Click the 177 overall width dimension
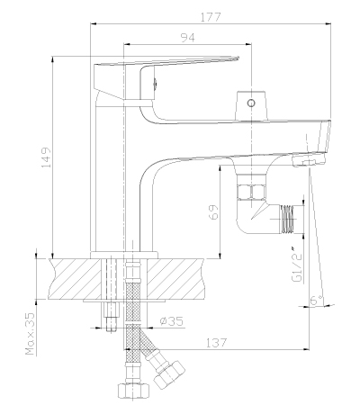[211, 17]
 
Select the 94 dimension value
[187, 38]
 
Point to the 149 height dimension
[46, 157]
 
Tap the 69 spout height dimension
[213, 212]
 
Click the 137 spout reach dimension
[216, 343]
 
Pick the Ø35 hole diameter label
[171, 321]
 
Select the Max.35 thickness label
[31, 334]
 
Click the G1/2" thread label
[296, 265]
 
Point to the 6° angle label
[317, 300]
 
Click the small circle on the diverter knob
[251, 103]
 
